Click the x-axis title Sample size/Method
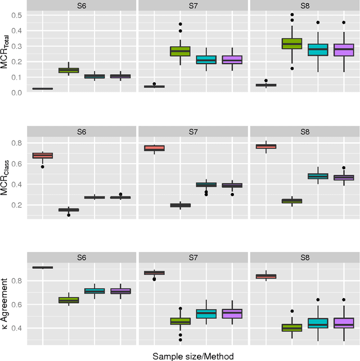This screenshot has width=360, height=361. tap(192, 355)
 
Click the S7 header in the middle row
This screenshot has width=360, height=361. tap(192, 132)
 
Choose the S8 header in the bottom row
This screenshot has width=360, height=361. tap(304, 258)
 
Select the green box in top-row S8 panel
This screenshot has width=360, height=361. tap(292, 43)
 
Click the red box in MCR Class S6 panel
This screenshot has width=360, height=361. tap(42, 155)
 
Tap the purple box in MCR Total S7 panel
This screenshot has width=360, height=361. tap(232, 60)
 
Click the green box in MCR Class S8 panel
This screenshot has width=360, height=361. tap(292, 201)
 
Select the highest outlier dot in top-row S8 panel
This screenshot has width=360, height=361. tap(292, 15)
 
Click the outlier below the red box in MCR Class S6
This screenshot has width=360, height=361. tap(42, 166)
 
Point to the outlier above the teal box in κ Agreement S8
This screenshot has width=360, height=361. tap(318, 300)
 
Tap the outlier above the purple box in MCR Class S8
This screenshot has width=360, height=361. tap(344, 168)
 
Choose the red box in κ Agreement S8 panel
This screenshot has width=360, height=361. tap(266, 276)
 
